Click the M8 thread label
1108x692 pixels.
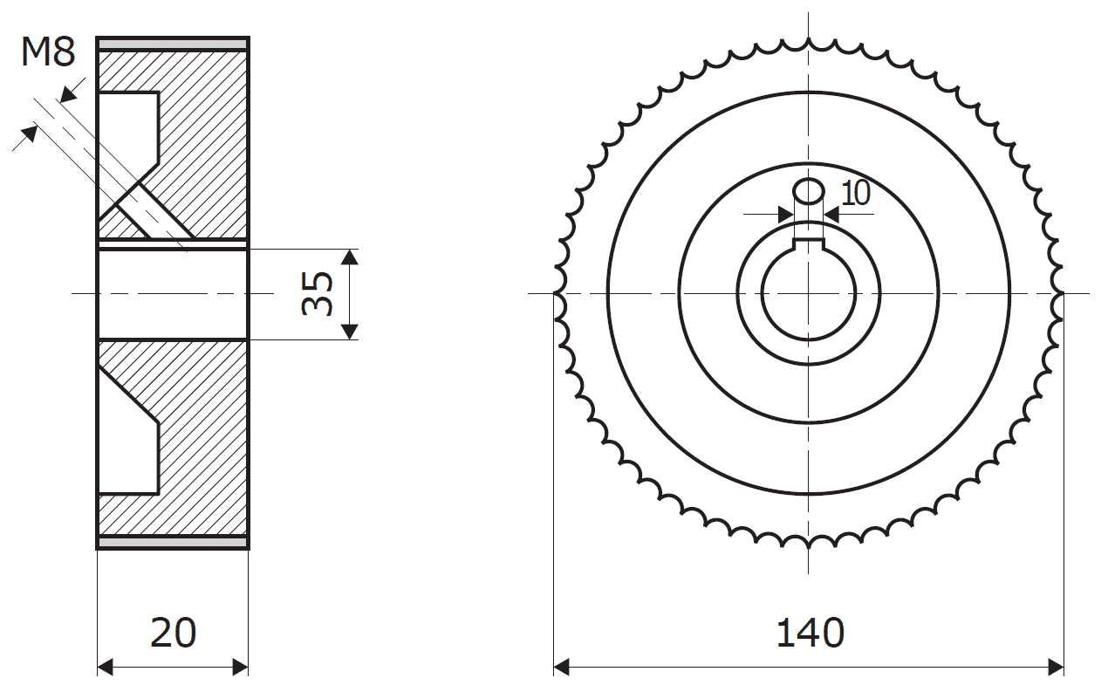tap(48, 52)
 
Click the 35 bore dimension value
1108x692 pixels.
tap(317, 293)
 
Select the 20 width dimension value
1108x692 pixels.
tap(173, 633)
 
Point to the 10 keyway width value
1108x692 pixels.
tap(855, 193)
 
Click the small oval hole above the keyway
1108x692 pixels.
tap(809, 191)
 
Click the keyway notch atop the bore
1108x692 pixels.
tap(809, 243)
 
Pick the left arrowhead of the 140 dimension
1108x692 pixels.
tap(562, 668)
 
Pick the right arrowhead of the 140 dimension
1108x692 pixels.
tap(1056, 668)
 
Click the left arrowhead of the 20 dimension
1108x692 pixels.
tap(106, 668)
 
